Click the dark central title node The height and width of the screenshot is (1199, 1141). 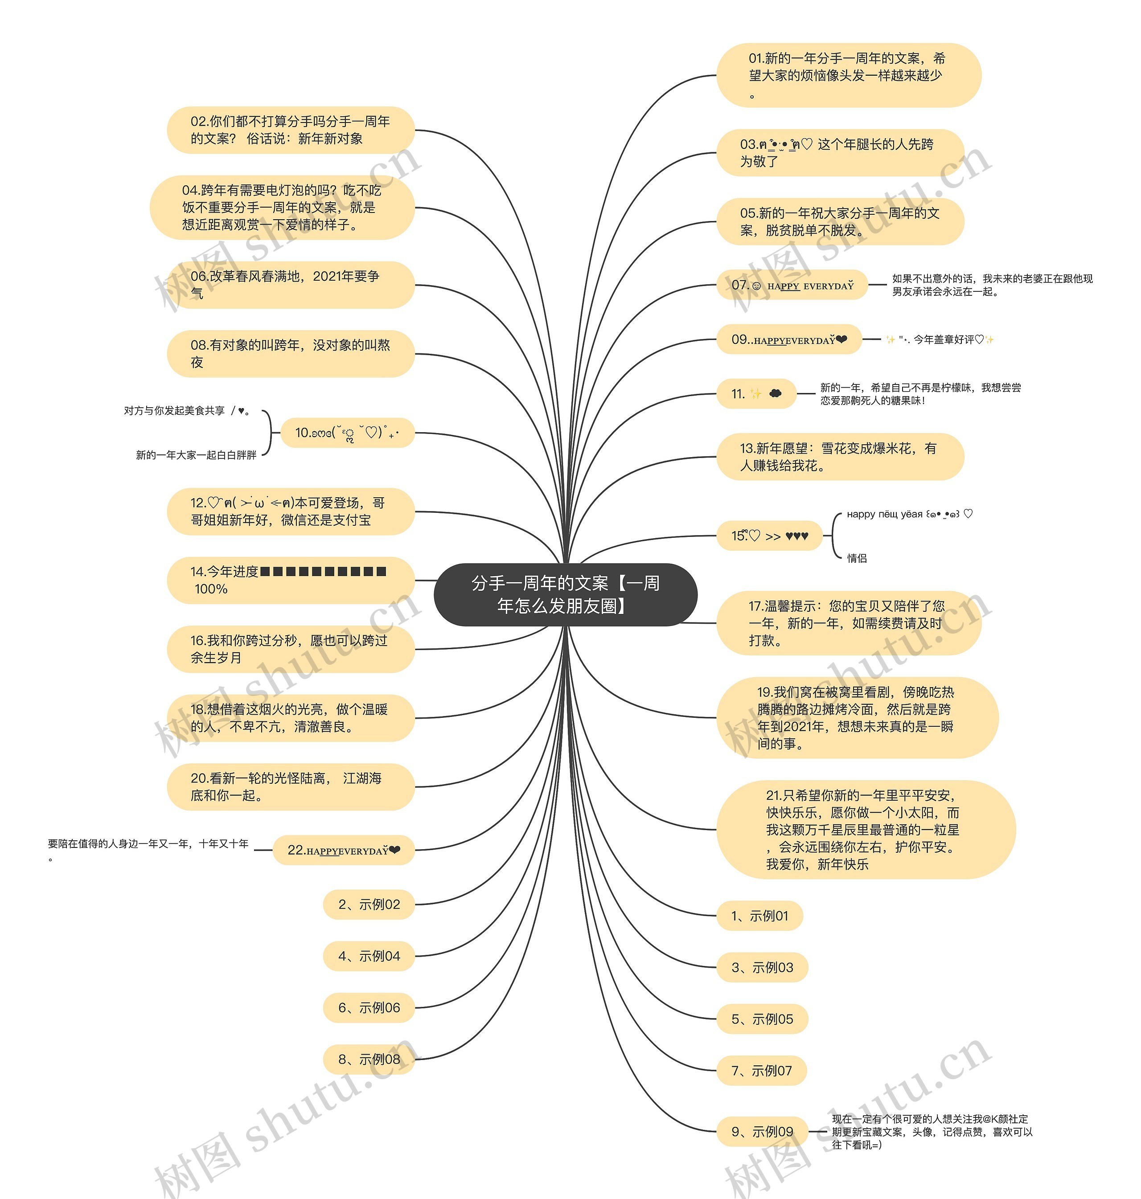click(x=565, y=594)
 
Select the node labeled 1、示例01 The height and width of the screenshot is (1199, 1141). click(x=759, y=916)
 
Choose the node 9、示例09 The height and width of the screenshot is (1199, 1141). click(x=762, y=1132)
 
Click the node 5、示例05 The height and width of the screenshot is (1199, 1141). click(x=762, y=1019)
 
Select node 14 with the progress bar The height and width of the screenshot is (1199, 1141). click(x=290, y=580)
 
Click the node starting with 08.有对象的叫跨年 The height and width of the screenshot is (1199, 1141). click(x=290, y=354)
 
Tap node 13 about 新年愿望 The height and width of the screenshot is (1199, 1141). click(x=840, y=457)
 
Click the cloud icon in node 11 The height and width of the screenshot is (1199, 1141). click(x=775, y=393)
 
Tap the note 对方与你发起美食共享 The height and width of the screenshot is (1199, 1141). click(x=187, y=411)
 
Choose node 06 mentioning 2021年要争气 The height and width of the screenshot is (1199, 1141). click(x=290, y=285)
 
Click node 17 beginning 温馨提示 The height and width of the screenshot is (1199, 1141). click(x=849, y=622)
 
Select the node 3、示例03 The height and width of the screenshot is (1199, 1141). click(x=762, y=967)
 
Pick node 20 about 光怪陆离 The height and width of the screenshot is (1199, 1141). click(x=290, y=787)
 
